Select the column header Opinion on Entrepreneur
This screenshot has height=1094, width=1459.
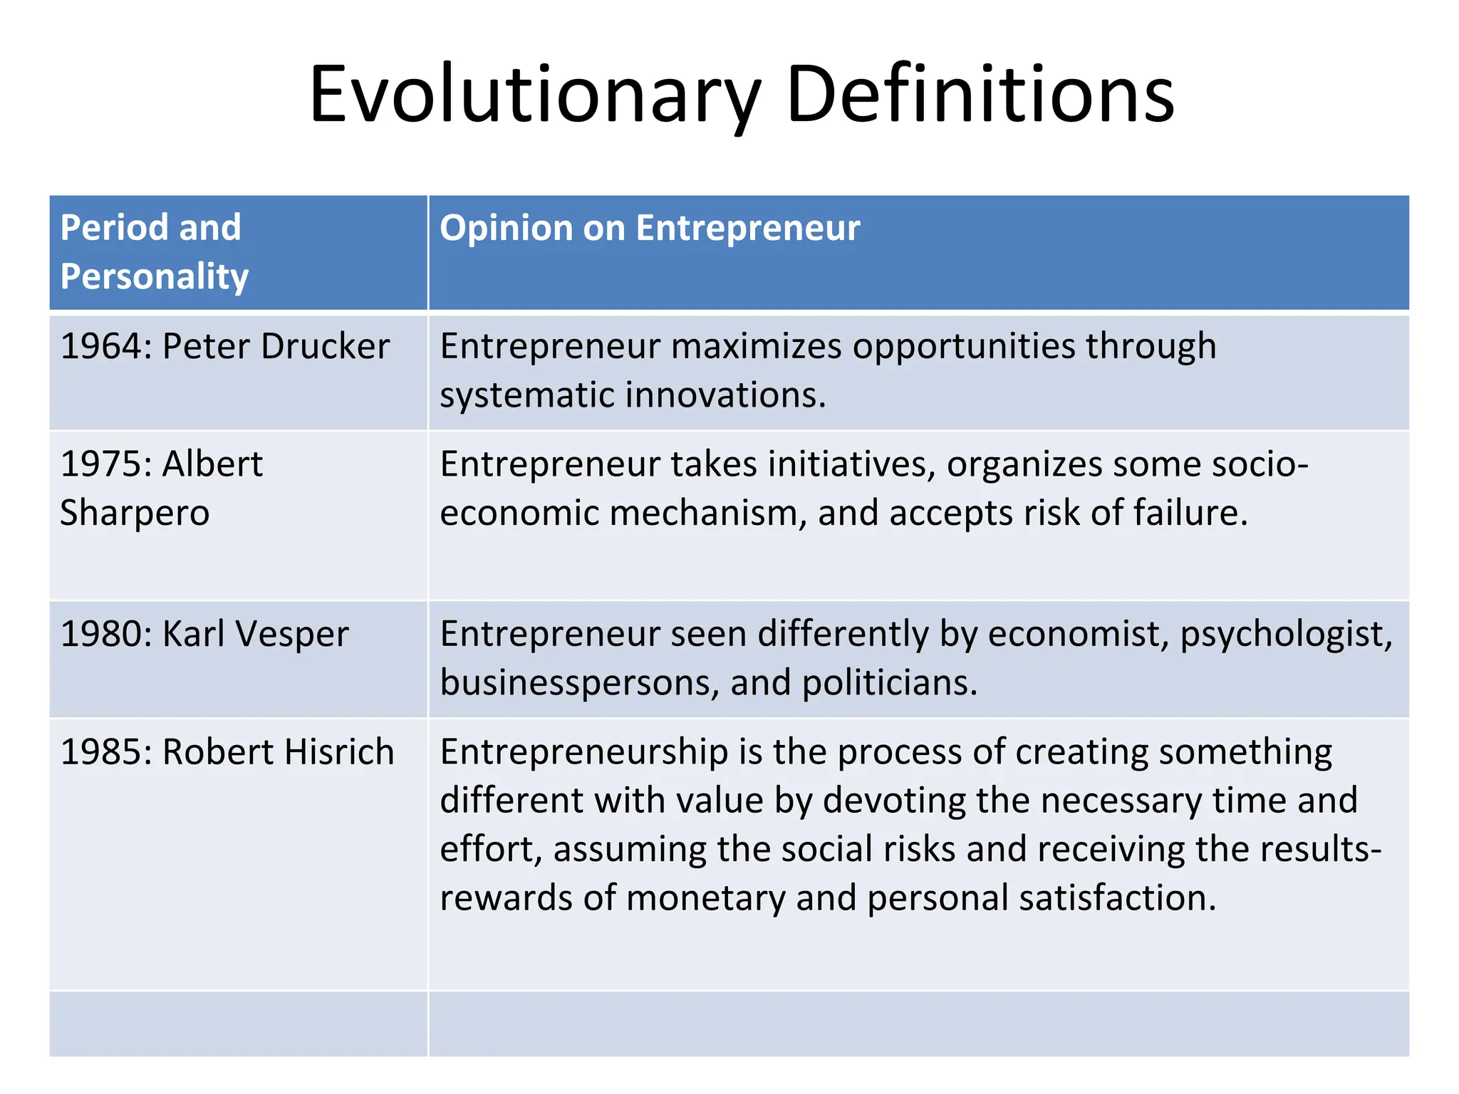650,228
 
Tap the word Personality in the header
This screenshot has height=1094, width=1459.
155,276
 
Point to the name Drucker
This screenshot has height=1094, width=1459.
326,346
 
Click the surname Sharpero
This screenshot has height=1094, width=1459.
135,513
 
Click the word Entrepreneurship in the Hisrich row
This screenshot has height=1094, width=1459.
583,752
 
